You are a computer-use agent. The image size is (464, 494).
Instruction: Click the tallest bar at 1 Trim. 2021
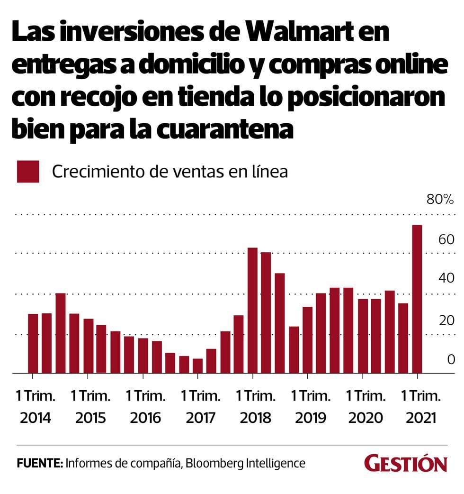(417, 299)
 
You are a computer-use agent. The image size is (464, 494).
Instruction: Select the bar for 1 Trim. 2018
(252, 311)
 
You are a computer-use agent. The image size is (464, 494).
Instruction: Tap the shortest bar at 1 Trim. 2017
(197, 366)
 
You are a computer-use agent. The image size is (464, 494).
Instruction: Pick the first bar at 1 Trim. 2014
(33, 343)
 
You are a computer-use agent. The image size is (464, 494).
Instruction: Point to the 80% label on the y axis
(440, 199)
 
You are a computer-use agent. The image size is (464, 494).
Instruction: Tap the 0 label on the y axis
(450, 359)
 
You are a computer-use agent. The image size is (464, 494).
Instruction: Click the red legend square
(28, 171)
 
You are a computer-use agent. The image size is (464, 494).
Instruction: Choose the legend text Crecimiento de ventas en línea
(170, 172)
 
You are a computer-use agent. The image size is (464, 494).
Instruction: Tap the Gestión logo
(405, 463)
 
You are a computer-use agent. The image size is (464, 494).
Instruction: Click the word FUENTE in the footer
(39, 463)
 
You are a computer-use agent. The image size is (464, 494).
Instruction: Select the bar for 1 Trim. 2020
(363, 336)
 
